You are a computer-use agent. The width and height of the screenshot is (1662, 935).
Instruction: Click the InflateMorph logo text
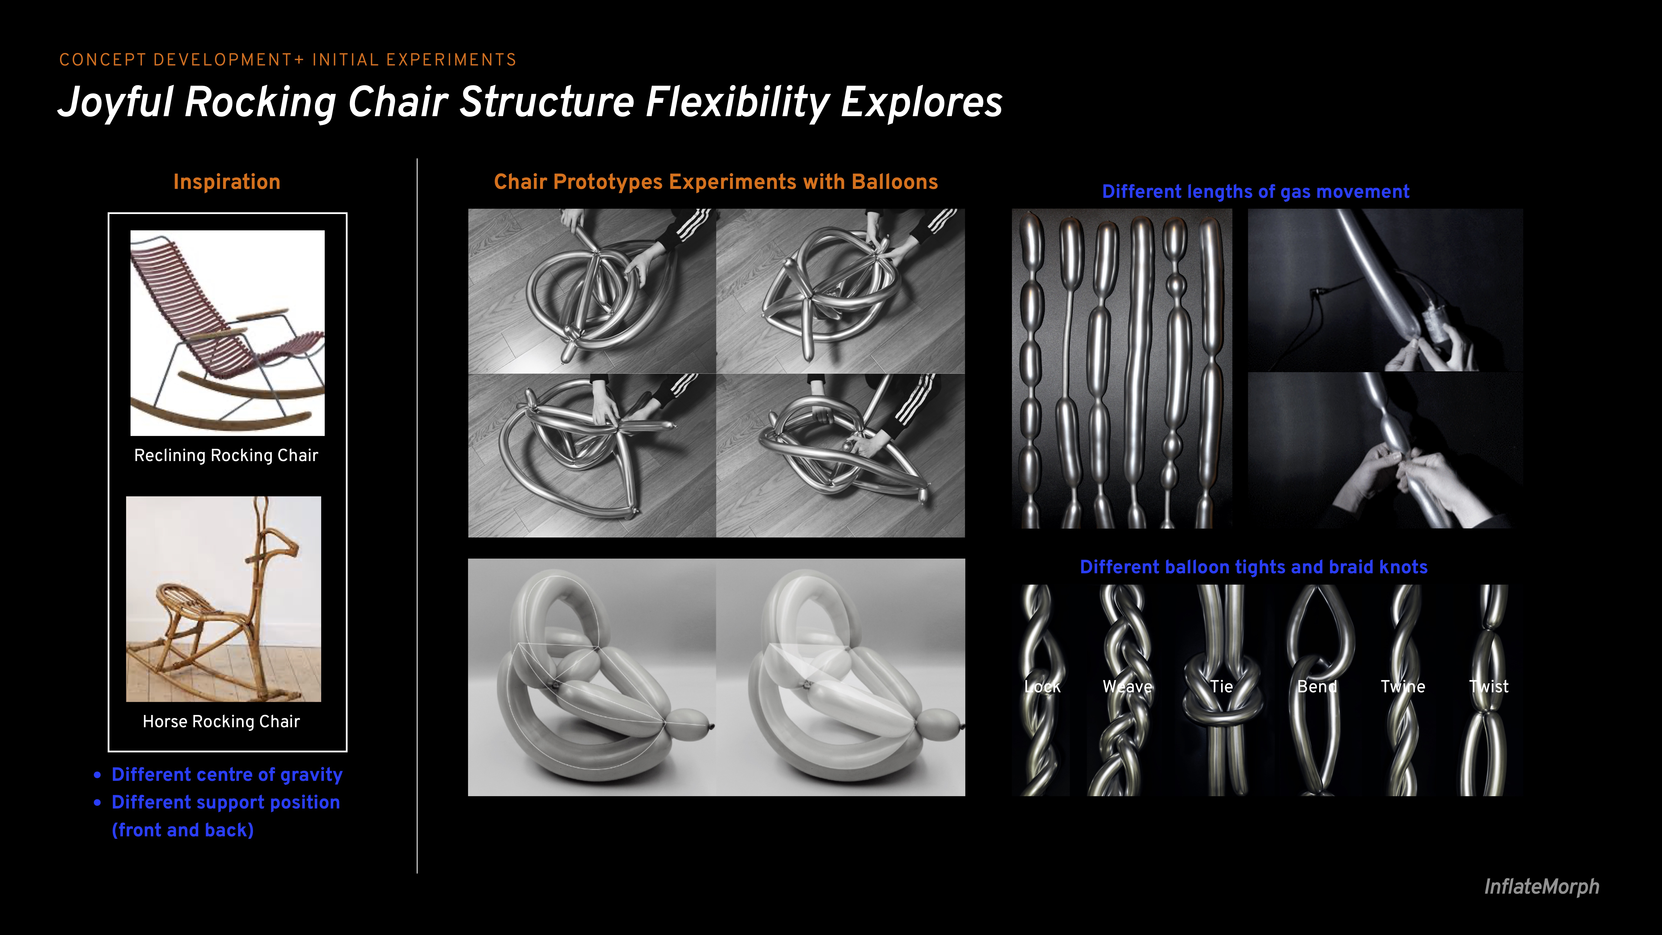pos(1541,887)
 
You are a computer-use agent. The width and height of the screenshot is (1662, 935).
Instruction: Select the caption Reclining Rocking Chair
pos(226,456)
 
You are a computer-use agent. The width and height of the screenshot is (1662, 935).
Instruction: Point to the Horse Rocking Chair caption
pos(221,721)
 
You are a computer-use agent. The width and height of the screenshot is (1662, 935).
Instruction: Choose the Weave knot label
pos(1127,686)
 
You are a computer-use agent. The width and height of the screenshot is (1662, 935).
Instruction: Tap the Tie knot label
pos(1221,686)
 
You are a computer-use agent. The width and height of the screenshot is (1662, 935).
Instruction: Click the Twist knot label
pos(1489,686)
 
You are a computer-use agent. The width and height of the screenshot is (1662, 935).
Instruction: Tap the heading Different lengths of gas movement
pos(1255,192)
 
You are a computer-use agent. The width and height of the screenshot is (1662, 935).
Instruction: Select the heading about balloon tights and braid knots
pos(1254,567)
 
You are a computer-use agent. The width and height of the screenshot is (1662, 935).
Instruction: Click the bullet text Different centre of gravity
pos(227,774)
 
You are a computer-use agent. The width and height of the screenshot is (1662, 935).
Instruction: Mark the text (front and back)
pos(183,830)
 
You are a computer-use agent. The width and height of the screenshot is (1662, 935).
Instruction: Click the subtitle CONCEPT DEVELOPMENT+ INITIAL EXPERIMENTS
pos(288,60)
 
